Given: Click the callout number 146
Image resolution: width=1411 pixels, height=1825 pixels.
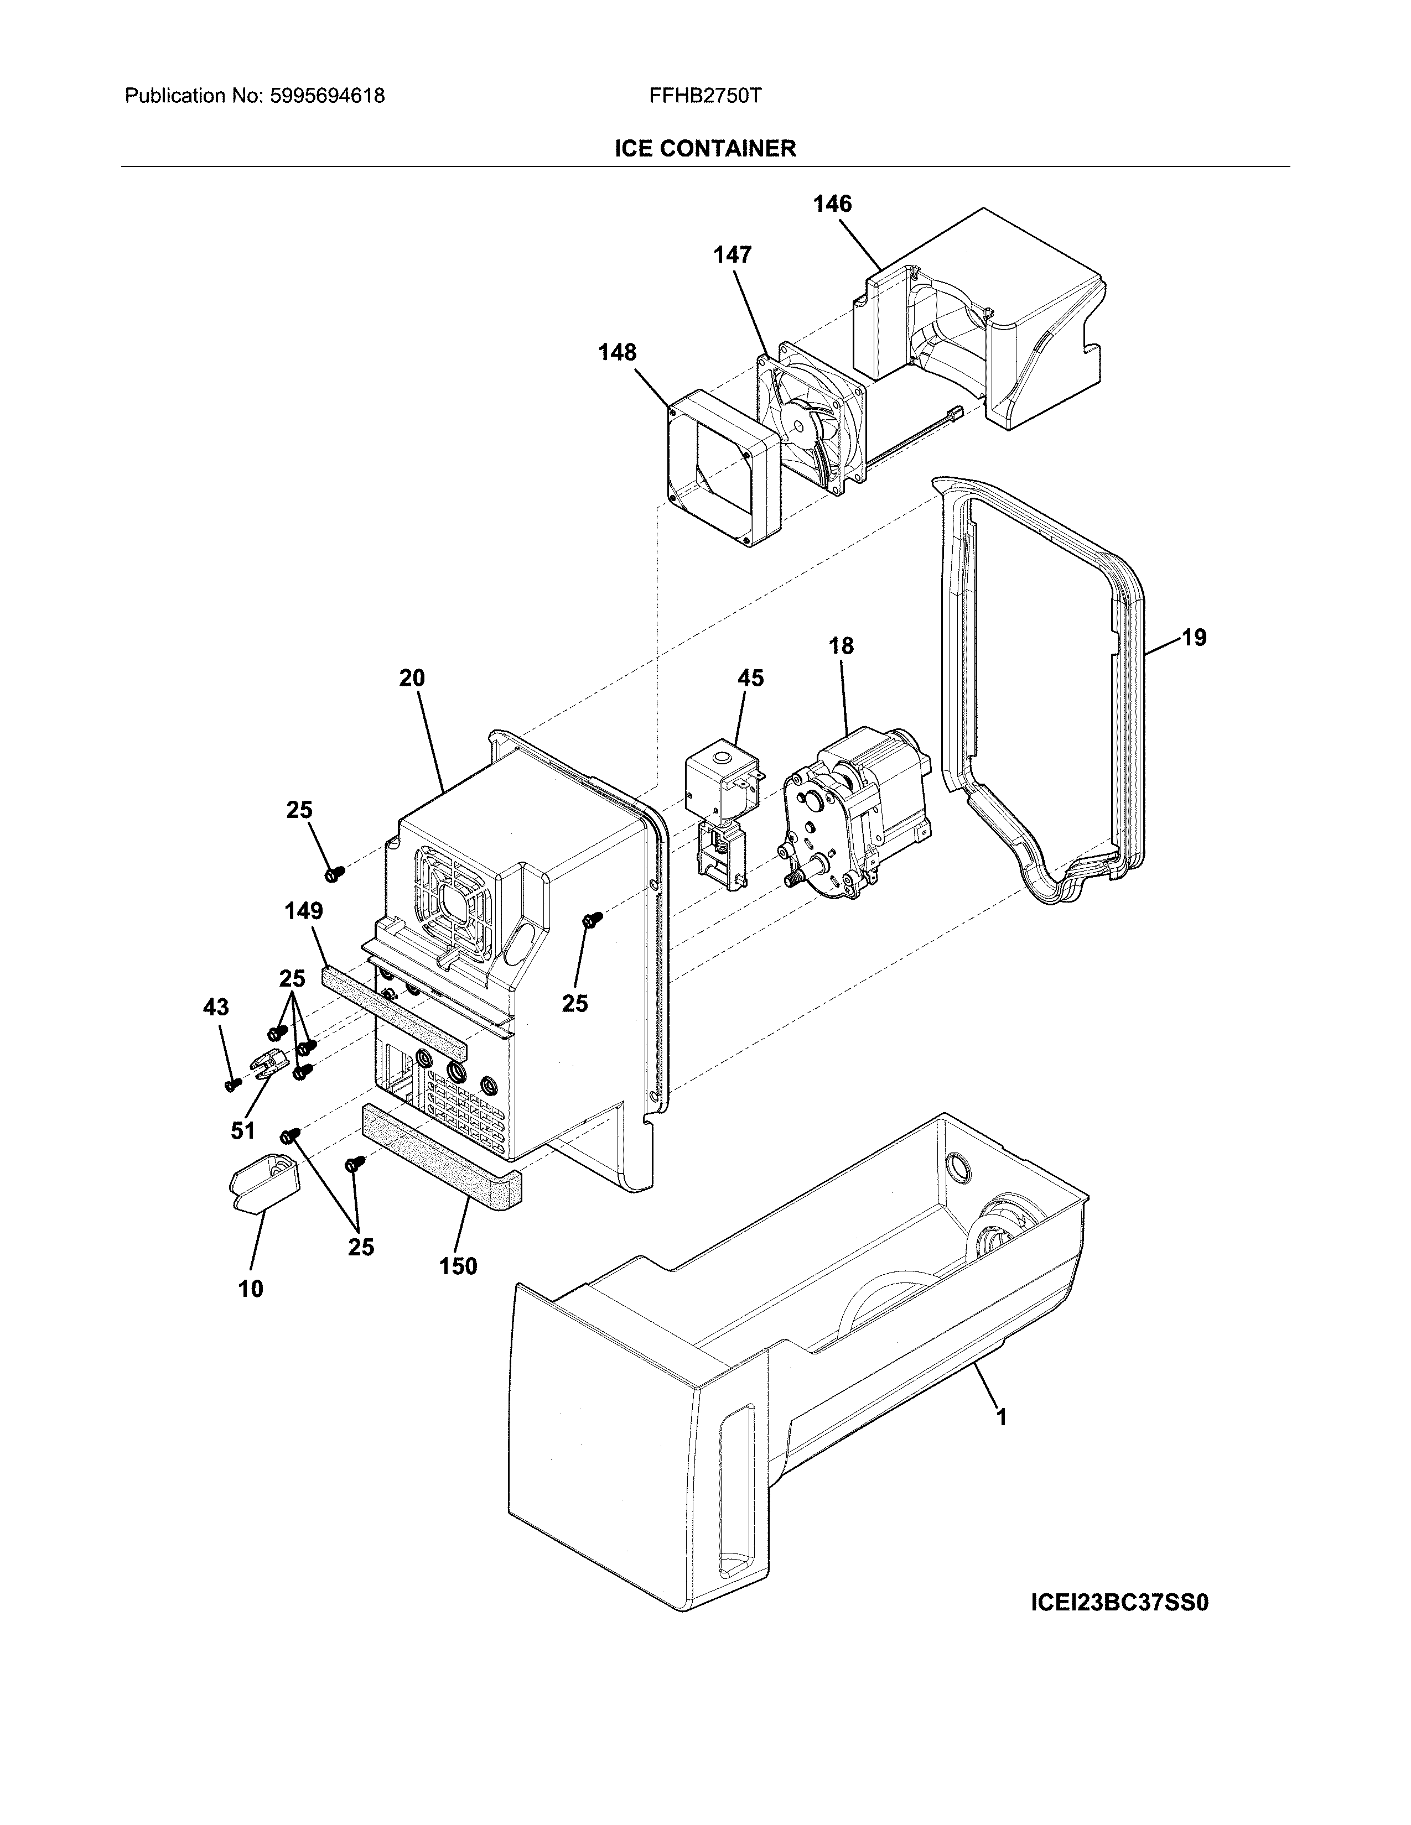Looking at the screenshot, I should [x=833, y=204].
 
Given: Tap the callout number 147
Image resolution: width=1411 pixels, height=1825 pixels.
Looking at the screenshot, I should [x=732, y=255].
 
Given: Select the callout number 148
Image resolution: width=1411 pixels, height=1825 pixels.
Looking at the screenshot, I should [x=617, y=353].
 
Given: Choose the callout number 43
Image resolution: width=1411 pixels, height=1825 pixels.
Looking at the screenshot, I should [x=216, y=1008].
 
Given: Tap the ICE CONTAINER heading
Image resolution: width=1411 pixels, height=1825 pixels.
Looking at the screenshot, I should [x=704, y=149].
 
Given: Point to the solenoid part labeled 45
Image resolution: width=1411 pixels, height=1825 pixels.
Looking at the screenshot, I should [x=719, y=794].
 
